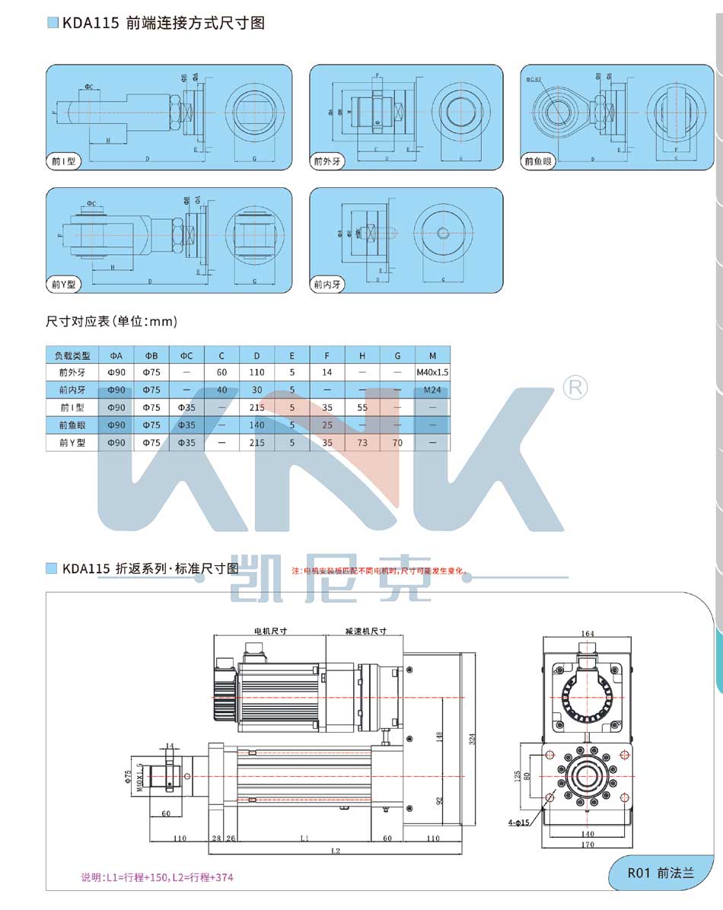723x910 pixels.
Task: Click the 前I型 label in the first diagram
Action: (x=64, y=161)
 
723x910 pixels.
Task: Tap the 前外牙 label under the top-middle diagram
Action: (x=328, y=161)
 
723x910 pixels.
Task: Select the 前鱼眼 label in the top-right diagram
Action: (x=539, y=161)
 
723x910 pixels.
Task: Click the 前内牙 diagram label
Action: (x=328, y=285)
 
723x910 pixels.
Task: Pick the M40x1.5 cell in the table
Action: (x=432, y=373)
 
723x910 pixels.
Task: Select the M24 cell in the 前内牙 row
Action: (x=432, y=390)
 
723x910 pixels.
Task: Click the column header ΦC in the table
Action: (x=186, y=355)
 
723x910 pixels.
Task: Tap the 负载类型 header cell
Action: (x=72, y=355)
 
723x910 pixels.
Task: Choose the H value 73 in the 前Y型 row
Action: (x=362, y=442)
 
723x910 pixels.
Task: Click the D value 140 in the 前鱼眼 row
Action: (x=257, y=425)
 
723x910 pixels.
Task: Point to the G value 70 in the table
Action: (x=397, y=442)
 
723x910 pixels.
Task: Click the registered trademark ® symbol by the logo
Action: (x=575, y=388)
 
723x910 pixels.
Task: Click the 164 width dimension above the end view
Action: (x=587, y=633)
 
